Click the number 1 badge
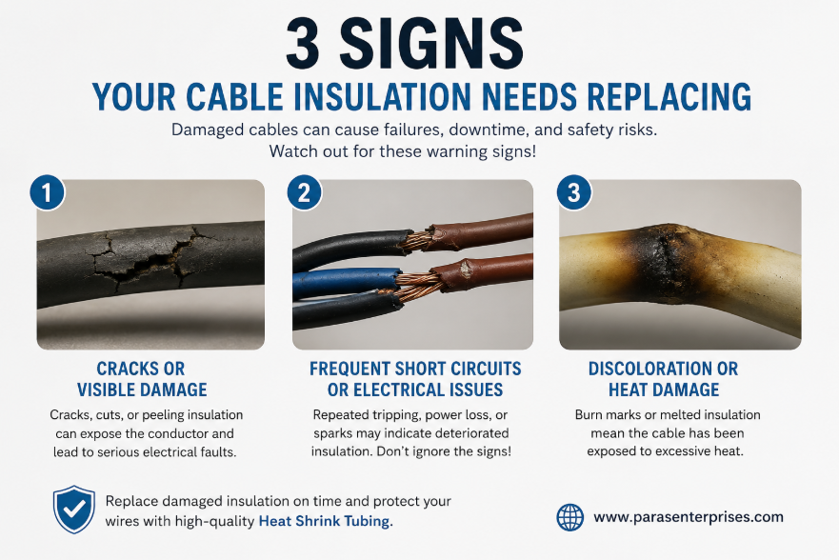(x=47, y=192)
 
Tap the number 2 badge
(x=304, y=192)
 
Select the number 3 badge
(x=573, y=192)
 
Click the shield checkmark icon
(x=74, y=510)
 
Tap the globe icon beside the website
(x=569, y=517)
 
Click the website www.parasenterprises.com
(x=689, y=517)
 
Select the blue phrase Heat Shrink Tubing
(x=326, y=521)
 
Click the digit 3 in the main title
(x=303, y=43)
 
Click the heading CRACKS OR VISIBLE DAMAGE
(x=142, y=379)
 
